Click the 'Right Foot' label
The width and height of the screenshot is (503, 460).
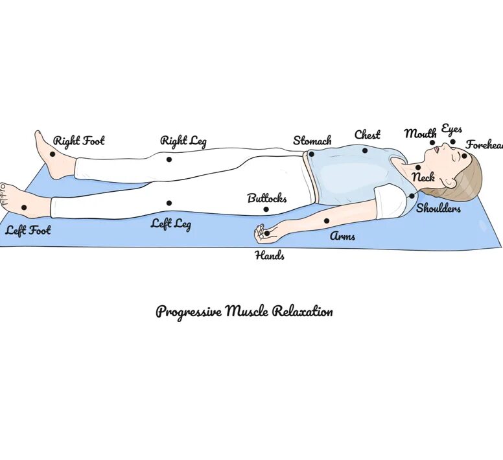[78, 141]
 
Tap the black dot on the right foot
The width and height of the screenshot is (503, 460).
[53, 154]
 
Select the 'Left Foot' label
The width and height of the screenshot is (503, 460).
[28, 230]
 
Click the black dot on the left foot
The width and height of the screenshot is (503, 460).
[24, 207]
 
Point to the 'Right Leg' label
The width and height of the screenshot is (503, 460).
[183, 141]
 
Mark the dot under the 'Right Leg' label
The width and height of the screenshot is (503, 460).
[169, 159]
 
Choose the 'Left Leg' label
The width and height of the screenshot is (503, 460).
[171, 225]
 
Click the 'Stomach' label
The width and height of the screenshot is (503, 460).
[312, 141]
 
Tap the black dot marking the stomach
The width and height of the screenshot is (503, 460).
[312, 154]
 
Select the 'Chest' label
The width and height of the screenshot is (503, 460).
[367, 135]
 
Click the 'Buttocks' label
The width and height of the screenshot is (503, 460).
[267, 198]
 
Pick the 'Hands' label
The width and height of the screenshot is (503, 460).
[270, 255]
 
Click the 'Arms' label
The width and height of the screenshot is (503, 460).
[343, 236]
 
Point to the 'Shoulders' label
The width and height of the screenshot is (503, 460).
[439, 209]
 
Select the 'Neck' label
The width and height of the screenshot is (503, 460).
[423, 177]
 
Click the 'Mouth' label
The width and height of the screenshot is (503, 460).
[421, 133]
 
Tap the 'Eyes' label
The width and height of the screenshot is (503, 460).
[452, 129]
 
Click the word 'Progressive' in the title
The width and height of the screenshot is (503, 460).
[189, 312]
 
